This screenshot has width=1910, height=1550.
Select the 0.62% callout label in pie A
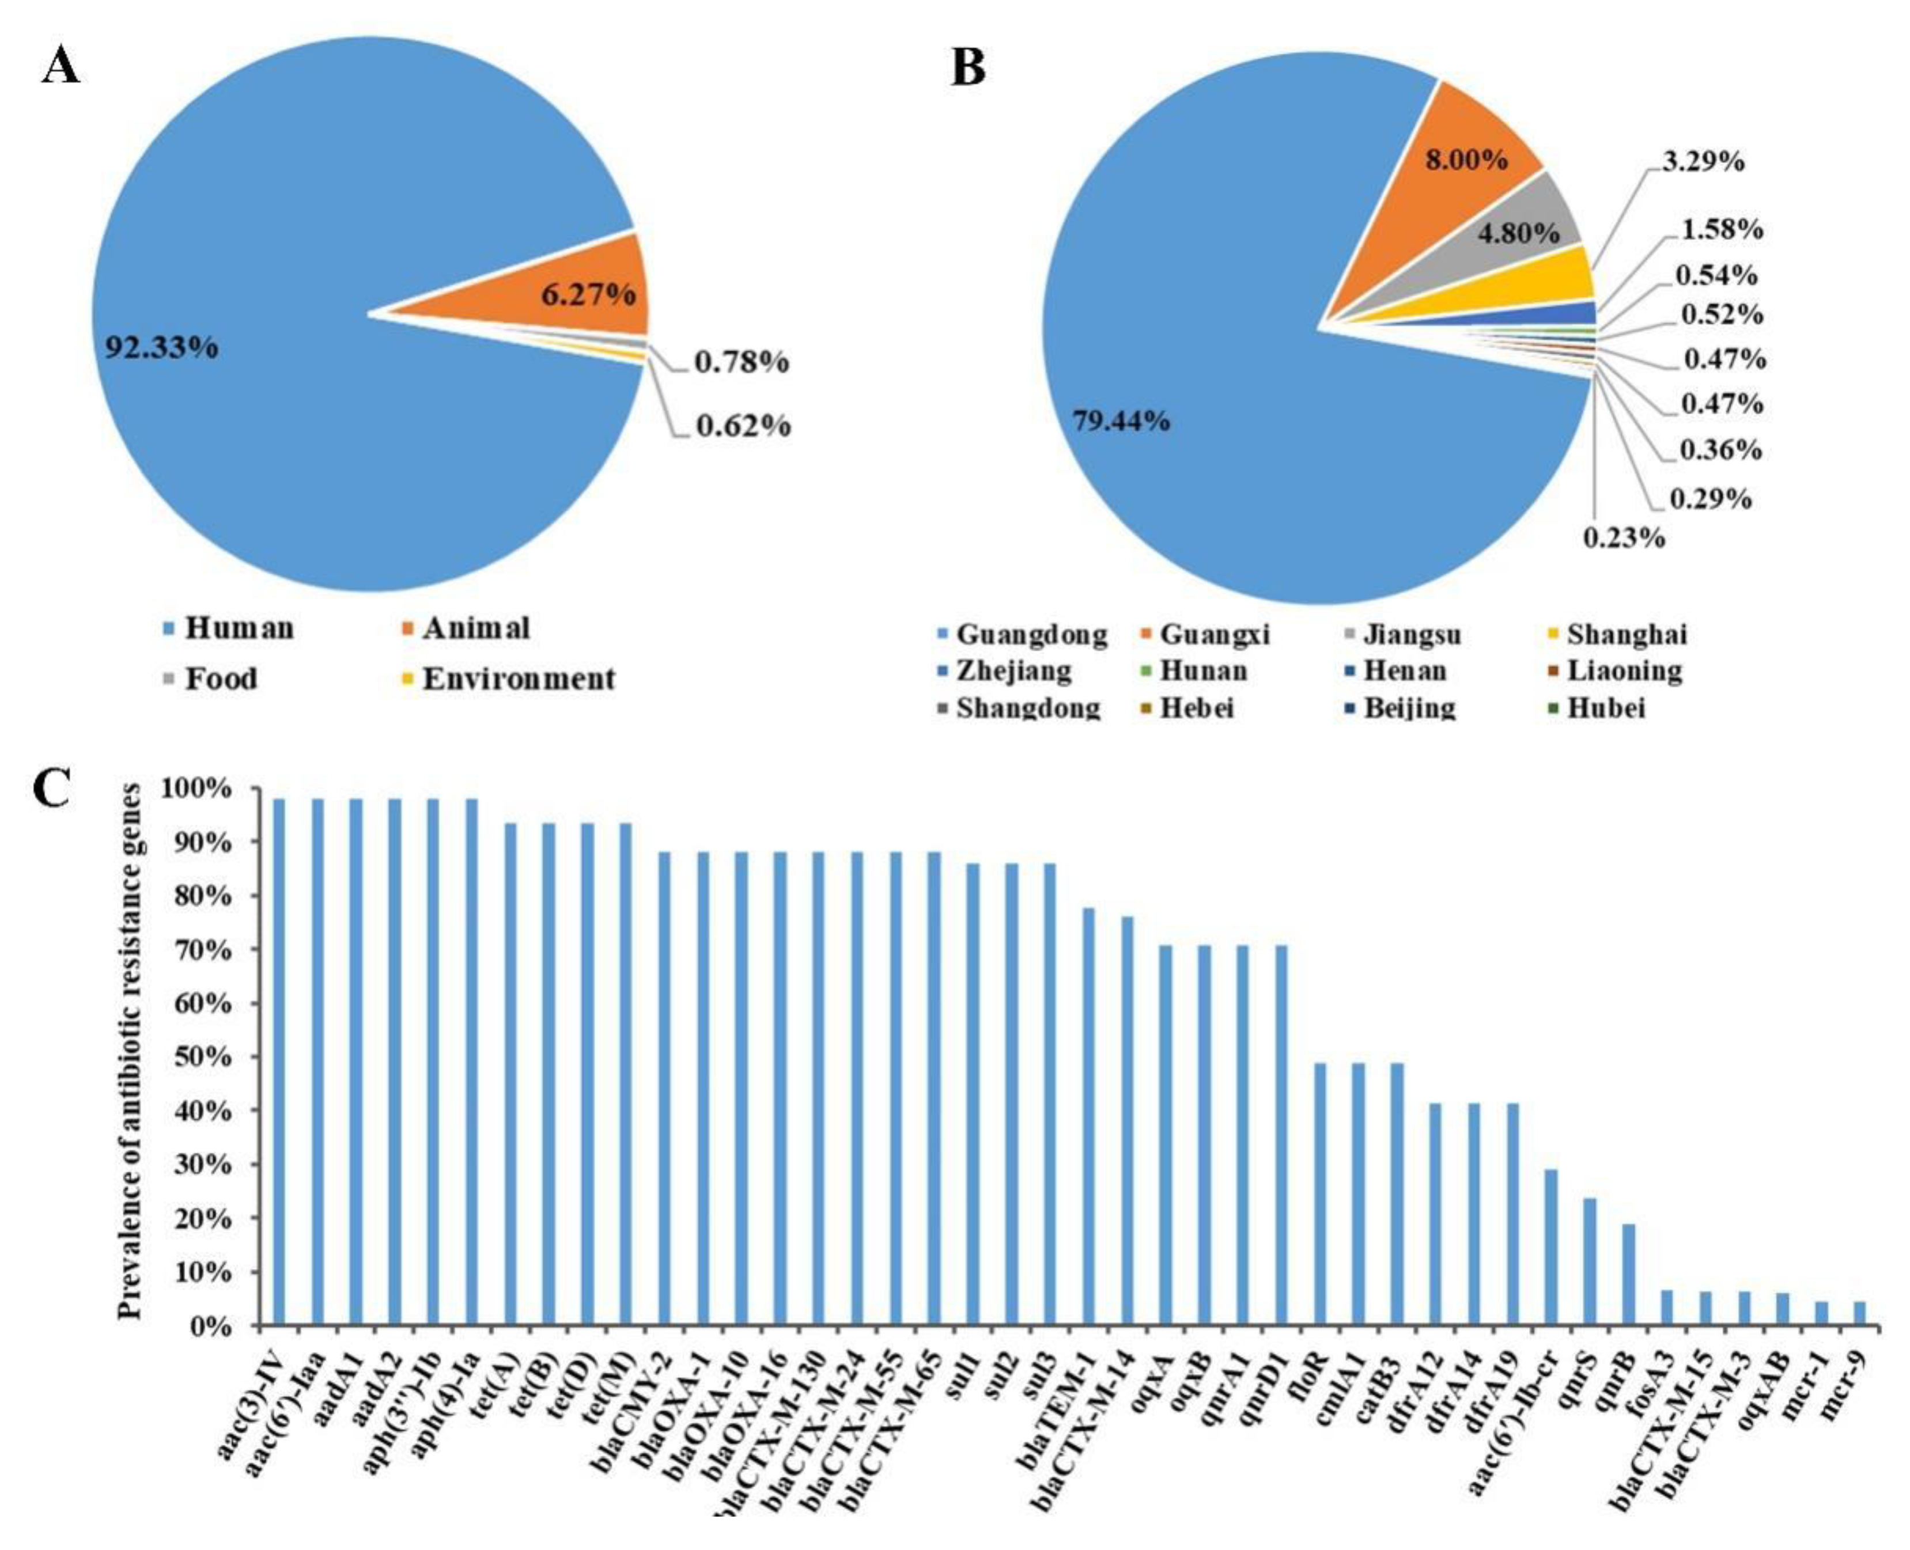[743, 426]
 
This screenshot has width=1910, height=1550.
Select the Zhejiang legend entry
[1013, 670]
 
